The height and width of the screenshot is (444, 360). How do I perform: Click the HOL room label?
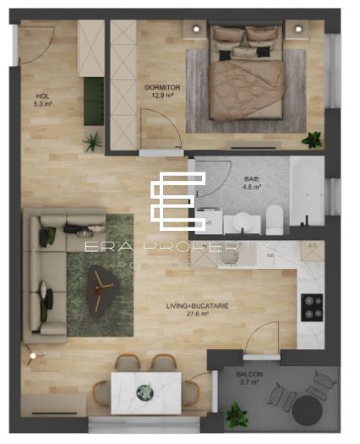(x=42, y=96)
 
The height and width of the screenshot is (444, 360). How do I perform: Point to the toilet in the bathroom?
(x=275, y=220)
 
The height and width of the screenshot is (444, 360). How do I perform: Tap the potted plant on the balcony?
(x=237, y=414)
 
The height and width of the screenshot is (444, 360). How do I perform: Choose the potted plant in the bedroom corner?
(x=312, y=140)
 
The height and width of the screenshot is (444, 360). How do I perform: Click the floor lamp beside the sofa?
(x=32, y=356)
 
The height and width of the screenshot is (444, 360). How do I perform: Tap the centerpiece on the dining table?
(x=145, y=392)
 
